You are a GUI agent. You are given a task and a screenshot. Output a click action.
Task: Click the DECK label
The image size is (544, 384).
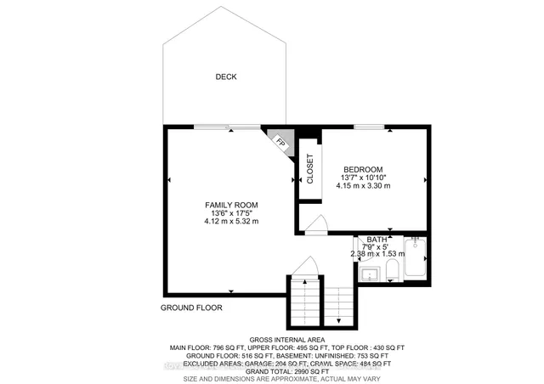coord(225,76)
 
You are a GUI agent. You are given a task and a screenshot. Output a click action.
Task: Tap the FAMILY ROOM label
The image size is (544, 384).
coord(230,205)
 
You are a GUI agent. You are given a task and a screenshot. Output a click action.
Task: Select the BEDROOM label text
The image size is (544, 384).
coord(363,169)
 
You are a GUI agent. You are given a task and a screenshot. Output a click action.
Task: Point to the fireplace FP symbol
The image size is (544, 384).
coord(280,143)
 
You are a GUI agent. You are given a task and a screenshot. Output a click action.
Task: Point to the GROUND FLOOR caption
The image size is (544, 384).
coord(192,308)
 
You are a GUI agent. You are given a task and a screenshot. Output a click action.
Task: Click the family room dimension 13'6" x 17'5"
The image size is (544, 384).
coord(230,213)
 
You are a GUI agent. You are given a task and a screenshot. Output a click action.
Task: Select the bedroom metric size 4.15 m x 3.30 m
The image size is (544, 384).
coord(363,185)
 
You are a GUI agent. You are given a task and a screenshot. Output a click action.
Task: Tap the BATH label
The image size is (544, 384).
coord(376,240)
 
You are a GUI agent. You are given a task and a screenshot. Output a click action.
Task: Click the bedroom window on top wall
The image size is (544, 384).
coord(369,127)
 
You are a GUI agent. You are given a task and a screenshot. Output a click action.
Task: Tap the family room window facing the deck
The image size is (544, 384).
coord(227,127)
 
